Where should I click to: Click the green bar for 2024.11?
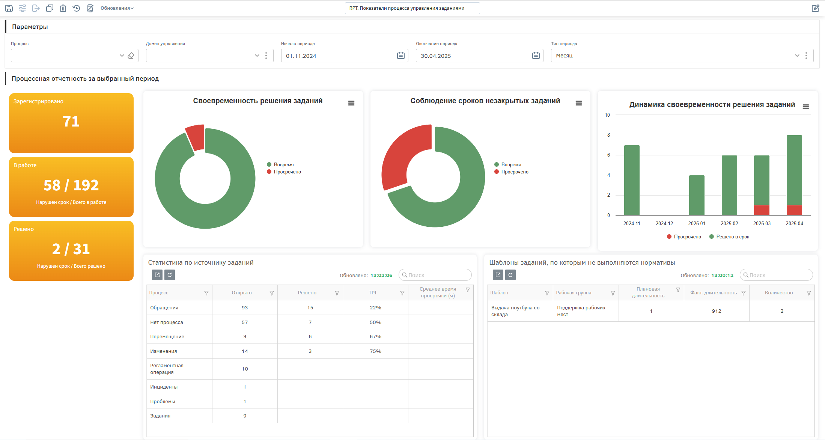(x=632, y=180)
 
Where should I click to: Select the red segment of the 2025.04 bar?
(x=794, y=210)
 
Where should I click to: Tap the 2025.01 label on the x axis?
(x=697, y=223)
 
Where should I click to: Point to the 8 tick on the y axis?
(x=608, y=135)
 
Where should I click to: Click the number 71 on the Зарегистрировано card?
(x=71, y=121)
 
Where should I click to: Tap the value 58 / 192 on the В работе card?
(x=71, y=185)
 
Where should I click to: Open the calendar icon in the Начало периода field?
(x=401, y=56)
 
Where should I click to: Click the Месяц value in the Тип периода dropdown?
(x=564, y=56)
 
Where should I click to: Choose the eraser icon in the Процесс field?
(x=131, y=56)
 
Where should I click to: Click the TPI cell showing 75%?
(x=375, y=351)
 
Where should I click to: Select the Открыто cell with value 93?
(x=245, y=307)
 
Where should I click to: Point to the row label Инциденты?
(x=164, y=387)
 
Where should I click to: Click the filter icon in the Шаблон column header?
(x=547, y=293)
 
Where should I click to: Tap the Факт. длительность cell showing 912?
(x=717, y=311)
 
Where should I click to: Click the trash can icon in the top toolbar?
(x=63, y=8)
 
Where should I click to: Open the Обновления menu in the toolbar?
(x=117, y=8)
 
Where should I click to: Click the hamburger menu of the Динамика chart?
(x=805, y=107)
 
